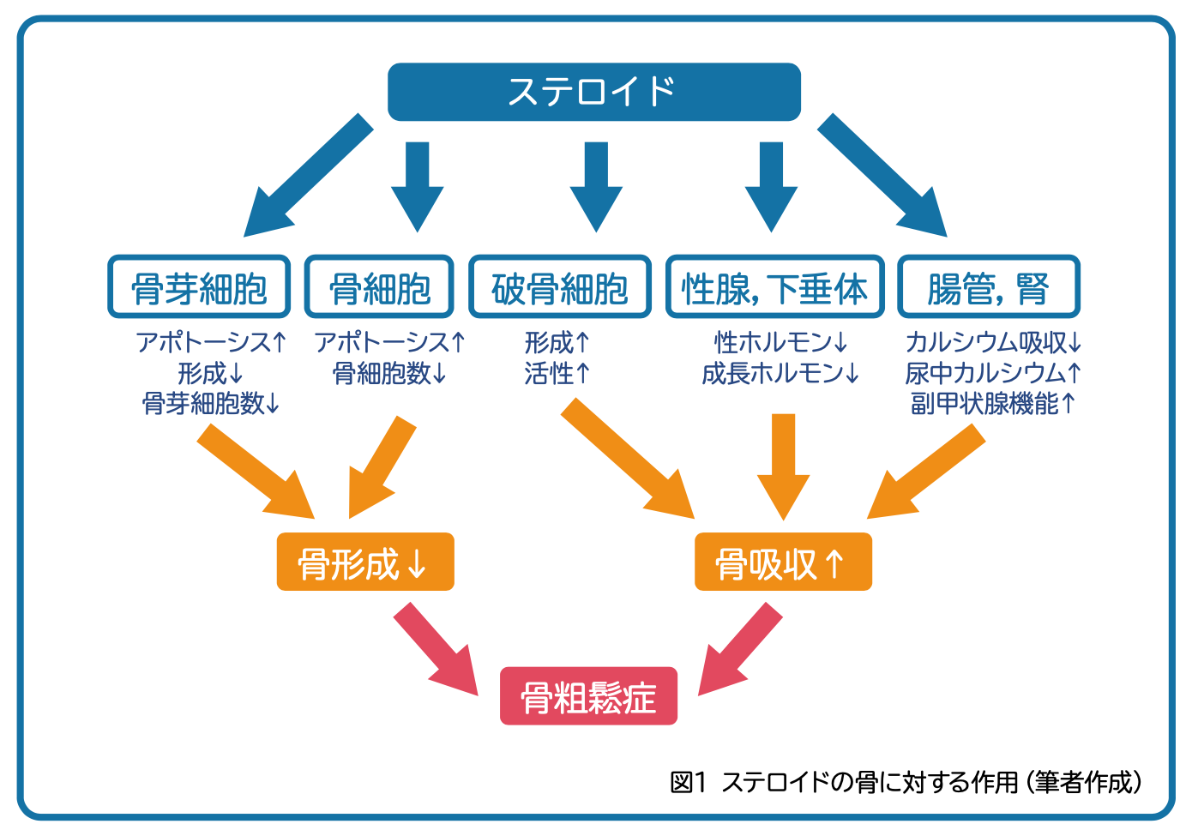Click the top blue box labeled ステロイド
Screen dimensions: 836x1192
point(593,92)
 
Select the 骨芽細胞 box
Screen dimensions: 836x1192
point(199,287)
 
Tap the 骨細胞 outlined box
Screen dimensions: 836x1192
point(379,287)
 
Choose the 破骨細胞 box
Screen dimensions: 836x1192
point(559,287)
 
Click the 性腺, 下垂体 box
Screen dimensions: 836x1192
point(774,287)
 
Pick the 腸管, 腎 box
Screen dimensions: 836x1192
point(988,287)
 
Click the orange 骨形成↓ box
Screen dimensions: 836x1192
point(364,562)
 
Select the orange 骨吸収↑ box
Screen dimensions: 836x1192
point(782,562)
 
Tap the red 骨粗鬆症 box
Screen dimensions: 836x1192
point(588,696)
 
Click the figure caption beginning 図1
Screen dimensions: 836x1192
point(906,782)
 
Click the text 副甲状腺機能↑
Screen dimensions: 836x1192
point(993,403)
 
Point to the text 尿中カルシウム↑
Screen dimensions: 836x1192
point(993,373)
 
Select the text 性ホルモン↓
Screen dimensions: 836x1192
point(781,343)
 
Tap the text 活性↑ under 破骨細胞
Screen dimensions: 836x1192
point(557,373)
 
